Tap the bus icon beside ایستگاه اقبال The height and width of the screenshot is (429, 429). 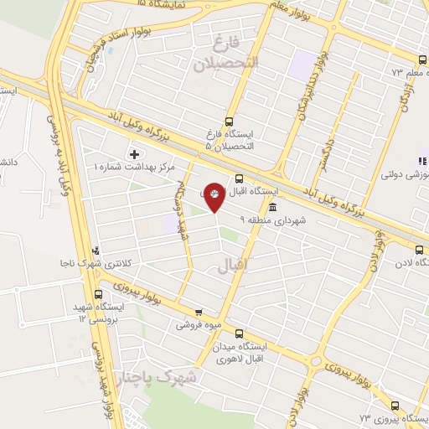click(240, 178)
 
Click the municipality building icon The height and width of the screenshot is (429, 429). click(271, 207)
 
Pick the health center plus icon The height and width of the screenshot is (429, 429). click(134, 154)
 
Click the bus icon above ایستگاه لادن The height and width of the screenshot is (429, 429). click(420, 249)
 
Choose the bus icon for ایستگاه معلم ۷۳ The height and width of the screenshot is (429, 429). click(422, 59)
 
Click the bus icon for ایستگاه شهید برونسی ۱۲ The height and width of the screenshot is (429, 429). click(99, 295)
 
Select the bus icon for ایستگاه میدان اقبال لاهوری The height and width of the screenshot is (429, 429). click(240, 333)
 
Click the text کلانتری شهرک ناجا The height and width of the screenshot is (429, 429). click(129, 262)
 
